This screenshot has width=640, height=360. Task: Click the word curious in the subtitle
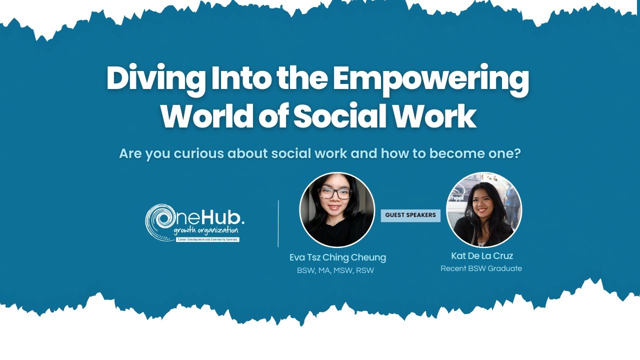[x=198, y=153]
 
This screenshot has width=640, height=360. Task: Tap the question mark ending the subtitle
[x=516, y=153]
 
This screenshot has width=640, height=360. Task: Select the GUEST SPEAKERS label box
[x=410, y=215]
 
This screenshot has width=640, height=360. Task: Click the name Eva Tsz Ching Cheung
[x=337, y=257]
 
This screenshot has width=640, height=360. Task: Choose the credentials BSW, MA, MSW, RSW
[x=335, y=270]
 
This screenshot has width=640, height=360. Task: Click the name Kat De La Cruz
[x=482, y=256]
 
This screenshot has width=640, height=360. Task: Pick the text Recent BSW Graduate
[x=481, y=268]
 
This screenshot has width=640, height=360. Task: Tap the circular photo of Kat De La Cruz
[x=483, y=210]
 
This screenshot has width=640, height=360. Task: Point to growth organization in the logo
[x=206, y=231]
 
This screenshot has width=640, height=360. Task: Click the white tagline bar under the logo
[x=207, y=240]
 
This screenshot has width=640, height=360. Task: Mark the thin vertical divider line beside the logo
[x=278, y=223]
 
